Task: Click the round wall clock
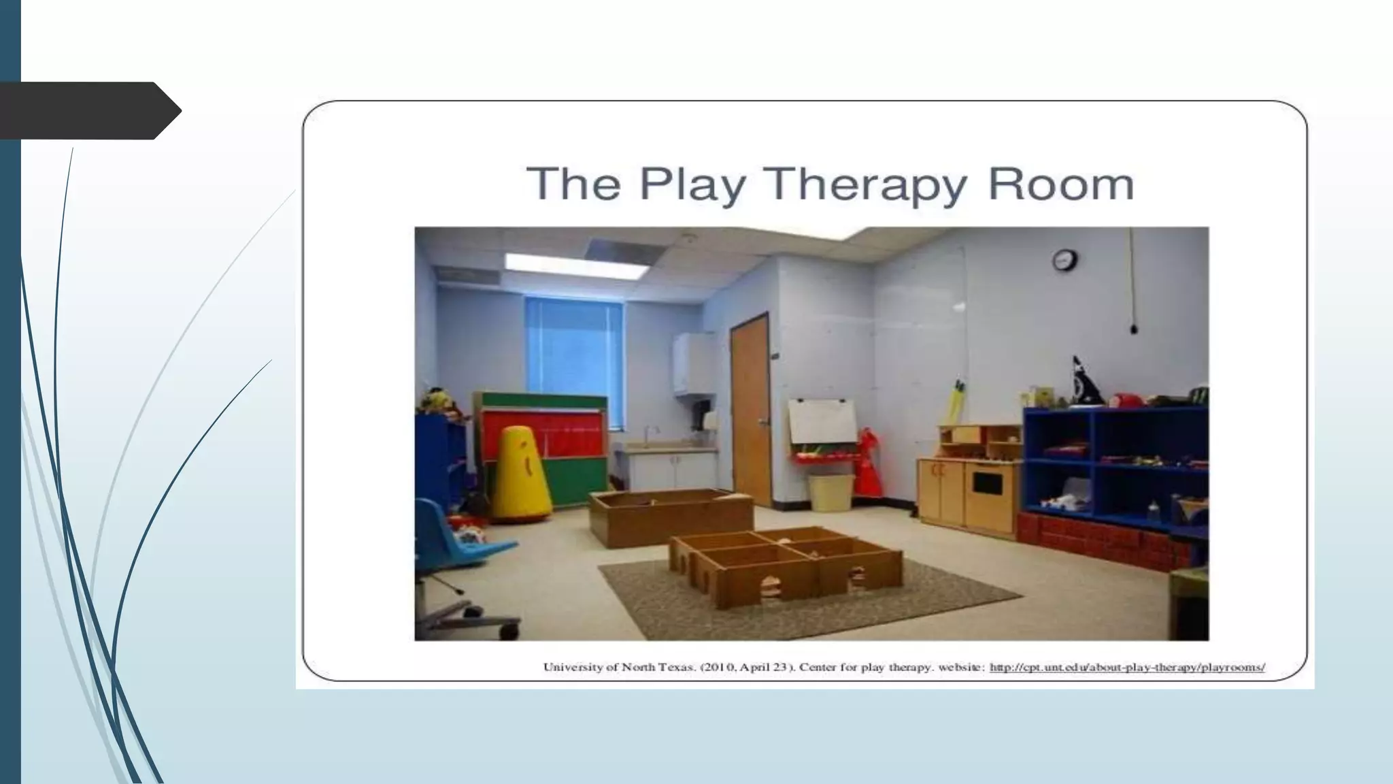pos(1064,259)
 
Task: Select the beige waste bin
pos(830,492)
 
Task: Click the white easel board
pos(822,420)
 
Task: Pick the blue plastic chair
pos(449,534)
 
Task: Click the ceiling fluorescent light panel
pos(575,265)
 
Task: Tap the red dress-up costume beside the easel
pos(868,463)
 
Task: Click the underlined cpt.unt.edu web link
pos(1126,668)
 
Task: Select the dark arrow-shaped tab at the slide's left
pos(88,110)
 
